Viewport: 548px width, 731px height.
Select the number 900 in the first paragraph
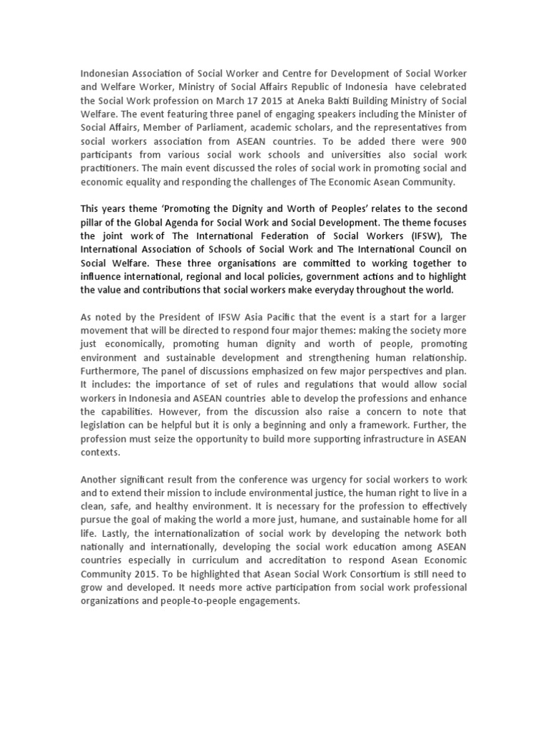pyautogui.click(x=455, y=141)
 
